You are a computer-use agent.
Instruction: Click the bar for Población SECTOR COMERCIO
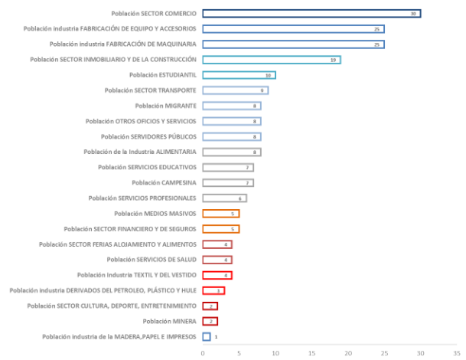311,14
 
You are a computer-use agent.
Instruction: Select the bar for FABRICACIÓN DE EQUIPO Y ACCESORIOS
293,29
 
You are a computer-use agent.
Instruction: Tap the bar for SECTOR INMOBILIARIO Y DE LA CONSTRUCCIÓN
272,60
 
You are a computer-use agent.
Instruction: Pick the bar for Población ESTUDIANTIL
239,75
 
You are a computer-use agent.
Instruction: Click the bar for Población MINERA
210,321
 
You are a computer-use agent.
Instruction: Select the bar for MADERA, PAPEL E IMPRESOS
207,336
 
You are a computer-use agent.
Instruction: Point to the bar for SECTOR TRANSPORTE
235,90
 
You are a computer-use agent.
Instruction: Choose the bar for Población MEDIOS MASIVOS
220,214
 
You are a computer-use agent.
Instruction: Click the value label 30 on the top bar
413,14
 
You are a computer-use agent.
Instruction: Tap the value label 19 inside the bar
333,60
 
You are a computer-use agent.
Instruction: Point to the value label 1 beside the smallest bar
216,336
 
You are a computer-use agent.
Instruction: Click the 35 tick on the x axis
457,353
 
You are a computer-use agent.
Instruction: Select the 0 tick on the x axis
203,353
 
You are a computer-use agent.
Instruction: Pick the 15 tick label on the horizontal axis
311,353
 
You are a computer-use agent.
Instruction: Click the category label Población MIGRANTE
165,106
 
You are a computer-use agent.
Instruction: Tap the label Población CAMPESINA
164,182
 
